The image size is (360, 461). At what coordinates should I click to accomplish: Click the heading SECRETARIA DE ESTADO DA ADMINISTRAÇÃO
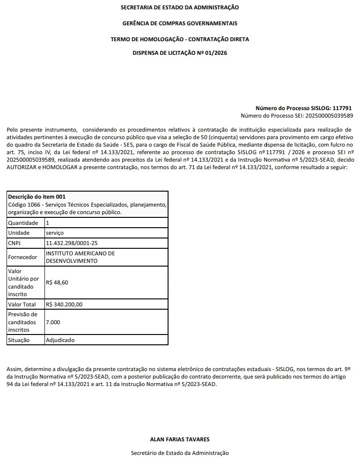(180, 7)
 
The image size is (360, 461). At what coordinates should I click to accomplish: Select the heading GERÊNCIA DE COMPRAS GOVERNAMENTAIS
(180, 23)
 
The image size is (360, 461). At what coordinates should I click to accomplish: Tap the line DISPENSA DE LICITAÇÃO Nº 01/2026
(180, 53)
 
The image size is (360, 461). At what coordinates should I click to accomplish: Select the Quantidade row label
(23, 223)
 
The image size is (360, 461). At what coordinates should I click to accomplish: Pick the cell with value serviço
(55, 233)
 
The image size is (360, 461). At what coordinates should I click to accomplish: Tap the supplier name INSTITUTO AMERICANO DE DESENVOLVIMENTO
(80, 257)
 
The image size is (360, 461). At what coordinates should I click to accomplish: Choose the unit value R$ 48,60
(57, 283)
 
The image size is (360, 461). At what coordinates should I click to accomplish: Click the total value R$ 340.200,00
(64, 305)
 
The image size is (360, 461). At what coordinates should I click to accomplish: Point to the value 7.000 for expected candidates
(53, 322)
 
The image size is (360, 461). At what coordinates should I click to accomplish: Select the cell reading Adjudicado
(60, 340)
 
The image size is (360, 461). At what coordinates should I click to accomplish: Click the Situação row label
(19, 340)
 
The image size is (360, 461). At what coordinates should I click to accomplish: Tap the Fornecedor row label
(22, 257)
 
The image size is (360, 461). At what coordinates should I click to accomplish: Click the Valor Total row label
(22, 305)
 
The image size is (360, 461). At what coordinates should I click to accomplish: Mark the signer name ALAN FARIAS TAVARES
(180, 439)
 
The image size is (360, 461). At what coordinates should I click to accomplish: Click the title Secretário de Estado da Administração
(180, 453)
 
